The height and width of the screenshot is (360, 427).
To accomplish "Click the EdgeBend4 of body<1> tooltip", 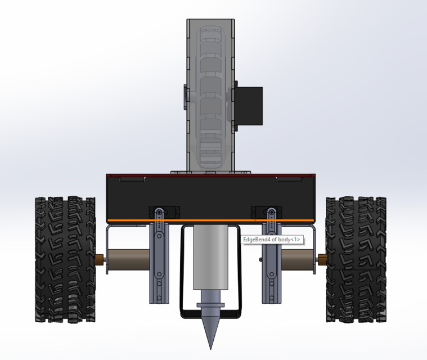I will [272, 240].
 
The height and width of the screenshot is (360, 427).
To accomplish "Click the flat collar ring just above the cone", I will [211, 305].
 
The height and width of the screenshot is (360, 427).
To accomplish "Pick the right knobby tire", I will [356, 259].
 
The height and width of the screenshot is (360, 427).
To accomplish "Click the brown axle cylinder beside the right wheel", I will [298, 259].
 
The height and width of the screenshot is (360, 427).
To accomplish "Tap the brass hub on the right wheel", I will [322, 259].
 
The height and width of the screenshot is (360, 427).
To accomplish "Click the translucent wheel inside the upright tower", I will [211, 96].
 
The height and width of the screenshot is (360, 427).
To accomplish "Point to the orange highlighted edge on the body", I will [211, 219].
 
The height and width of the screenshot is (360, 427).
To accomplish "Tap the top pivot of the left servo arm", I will [159, 212].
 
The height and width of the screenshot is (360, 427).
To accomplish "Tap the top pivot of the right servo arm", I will [272, 212].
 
